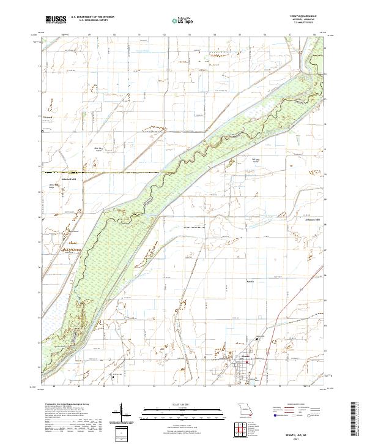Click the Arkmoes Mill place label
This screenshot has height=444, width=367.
[305, 220]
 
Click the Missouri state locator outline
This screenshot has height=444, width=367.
[245, 409]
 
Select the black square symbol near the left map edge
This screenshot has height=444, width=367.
[42, 131]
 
